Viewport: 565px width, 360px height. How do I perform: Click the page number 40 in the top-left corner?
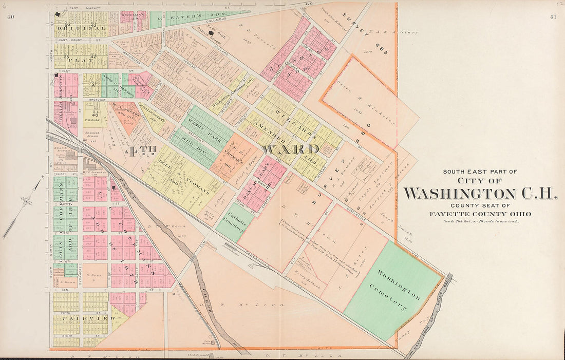coord(10,17)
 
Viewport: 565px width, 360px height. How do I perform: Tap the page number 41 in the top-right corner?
coord(553,17)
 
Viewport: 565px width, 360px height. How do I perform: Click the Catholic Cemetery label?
coord(234,221)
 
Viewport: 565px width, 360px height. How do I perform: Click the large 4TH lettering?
coord(137,151)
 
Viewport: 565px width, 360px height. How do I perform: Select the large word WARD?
coord(290,149)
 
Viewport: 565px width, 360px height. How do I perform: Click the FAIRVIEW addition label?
coord(81,318)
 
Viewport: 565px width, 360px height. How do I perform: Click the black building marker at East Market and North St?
coord(59,15)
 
